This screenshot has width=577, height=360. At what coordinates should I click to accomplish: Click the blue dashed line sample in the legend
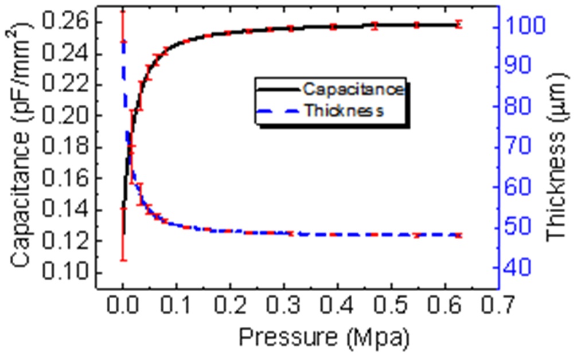(x=278, y=111)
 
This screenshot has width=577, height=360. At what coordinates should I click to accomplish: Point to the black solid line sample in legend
(x=278, y=90)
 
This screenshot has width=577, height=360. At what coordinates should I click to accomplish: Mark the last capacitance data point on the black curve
(x=458, y=24)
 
